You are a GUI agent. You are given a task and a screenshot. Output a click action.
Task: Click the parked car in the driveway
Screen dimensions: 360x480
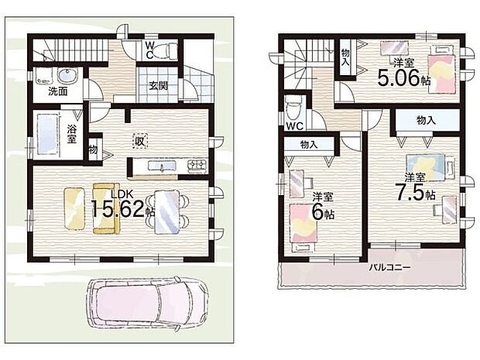pos(147,303)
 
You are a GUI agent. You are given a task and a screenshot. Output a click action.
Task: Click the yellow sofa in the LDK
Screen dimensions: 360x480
pos(102,207)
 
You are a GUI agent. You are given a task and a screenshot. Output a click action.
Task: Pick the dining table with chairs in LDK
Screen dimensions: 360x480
pos(166,211)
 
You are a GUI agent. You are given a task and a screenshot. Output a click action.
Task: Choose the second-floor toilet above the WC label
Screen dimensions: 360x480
pos(293,108)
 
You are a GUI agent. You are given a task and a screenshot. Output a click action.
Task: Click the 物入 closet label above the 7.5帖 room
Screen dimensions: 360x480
pos(425,120)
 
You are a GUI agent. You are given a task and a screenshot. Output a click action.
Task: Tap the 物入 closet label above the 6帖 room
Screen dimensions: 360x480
pos(309,144)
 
